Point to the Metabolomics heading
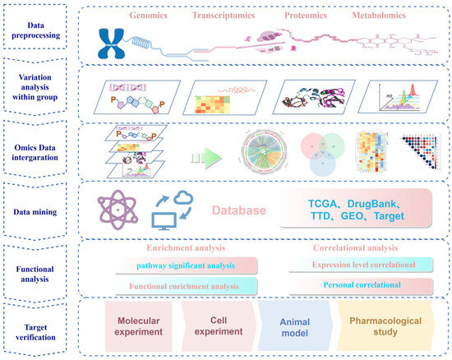(x=383, y=15)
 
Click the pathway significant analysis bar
(x=185, y=265)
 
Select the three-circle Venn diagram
(x=314, y=153)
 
